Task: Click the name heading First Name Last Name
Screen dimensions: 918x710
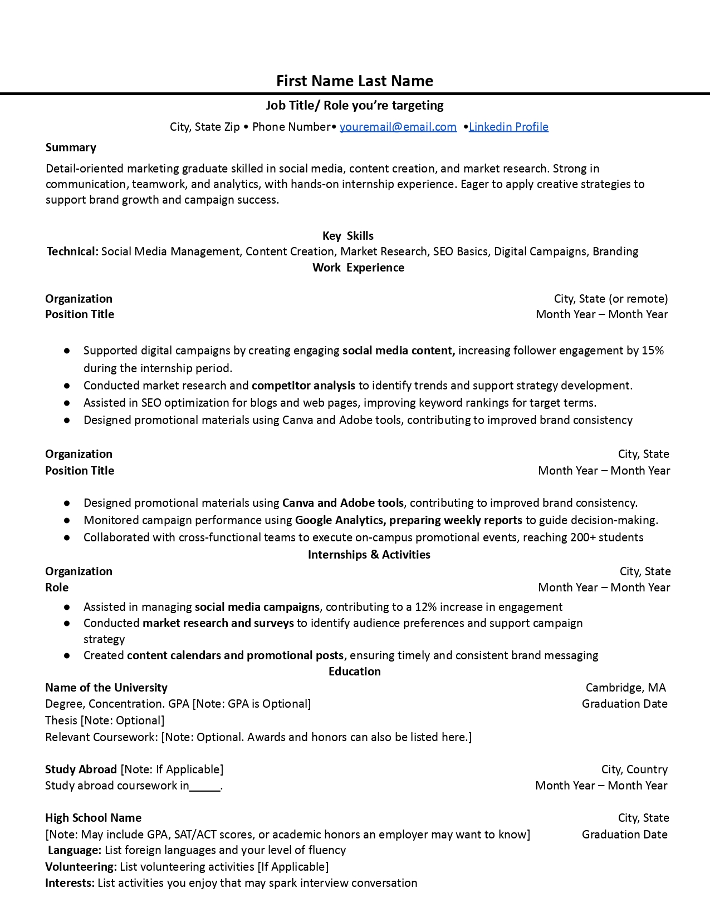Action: pyautogui.click(x=355, y=81)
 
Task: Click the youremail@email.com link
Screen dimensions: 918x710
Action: pyautogui.click(x=398, y=127)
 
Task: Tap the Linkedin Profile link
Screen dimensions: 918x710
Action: pyautogui.click(x=508, y=127)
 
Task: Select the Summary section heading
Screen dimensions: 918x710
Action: pyautogui.click(x=71, y=147)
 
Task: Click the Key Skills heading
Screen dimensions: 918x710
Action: pyautogui.click(x=348, y=236)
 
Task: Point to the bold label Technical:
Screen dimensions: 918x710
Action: pyautogui.click(x=72, y=251)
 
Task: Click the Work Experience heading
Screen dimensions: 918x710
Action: pyautogui.click(x=358, y=268)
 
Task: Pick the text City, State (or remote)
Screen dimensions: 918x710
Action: pyautogui.click(x=610, y=299)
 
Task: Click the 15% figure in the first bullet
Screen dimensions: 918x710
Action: pyautogui.click(x=653, y=351)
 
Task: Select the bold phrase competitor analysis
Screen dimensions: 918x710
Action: pyautogui.click(x=303, y=386)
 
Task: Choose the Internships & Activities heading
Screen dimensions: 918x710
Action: pyautogui.click(x=369, y=555)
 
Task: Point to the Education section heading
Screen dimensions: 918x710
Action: pyautogui.click(x=354, y=672)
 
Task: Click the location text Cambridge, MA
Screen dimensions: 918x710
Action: pyautogui.click(x=625, y=688)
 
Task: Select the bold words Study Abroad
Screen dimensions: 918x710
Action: pyautogui.click(x=81, y=769)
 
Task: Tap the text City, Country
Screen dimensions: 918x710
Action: pyautogui.click(x=634, y=769)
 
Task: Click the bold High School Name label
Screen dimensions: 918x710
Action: pyautogui.click(x=93, y=818)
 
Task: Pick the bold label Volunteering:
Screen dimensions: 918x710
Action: pyautogui.click(x=81, y=867)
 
